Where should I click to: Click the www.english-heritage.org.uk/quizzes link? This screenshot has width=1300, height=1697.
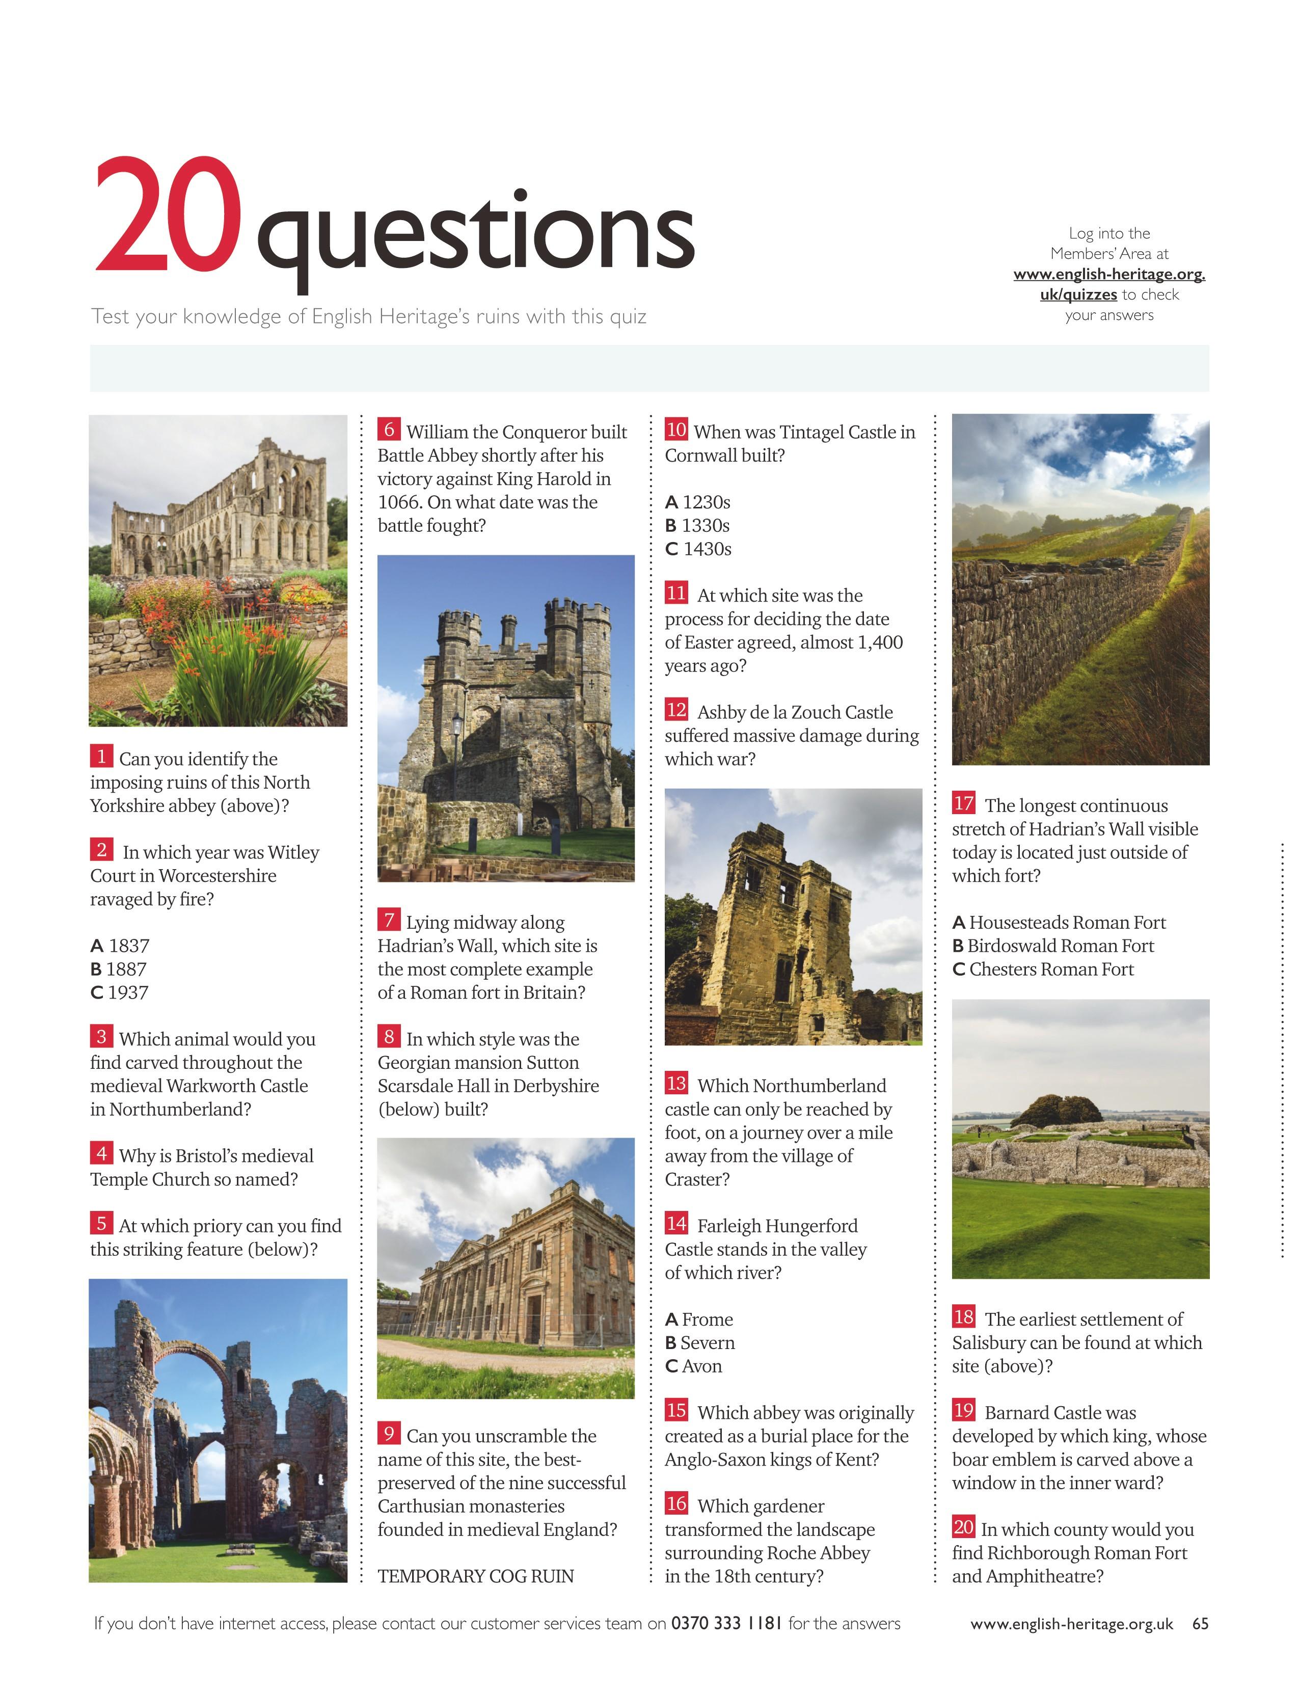coord(1109,284)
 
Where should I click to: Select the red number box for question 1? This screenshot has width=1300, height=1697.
coord(101,756)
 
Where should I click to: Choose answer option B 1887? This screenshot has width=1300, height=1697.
coord(118,969)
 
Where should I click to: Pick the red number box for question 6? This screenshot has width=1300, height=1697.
coord(389,429)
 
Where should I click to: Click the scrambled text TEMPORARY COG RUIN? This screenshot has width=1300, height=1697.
coord(475,1576)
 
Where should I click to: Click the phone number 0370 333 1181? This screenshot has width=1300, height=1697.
coord(726,1624)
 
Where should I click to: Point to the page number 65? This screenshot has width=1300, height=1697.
coord(1200,1624)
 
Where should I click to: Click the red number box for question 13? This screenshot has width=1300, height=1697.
coord(676,1083)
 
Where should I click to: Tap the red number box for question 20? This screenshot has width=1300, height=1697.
coord(963,1527)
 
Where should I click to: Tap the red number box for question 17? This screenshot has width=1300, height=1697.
coord(963,803)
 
